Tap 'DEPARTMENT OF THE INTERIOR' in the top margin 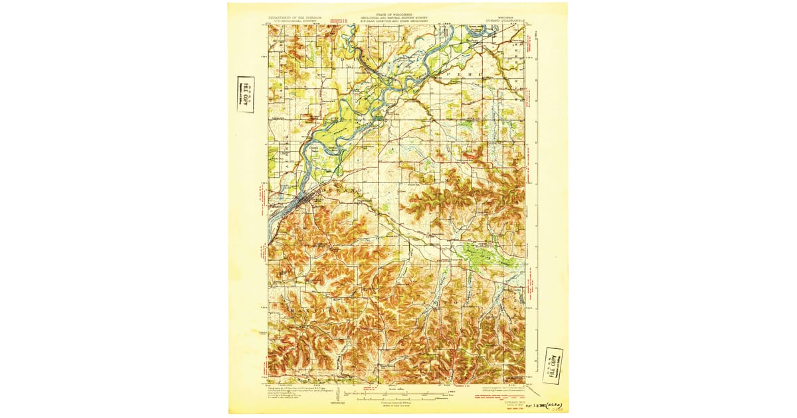click(x=294, y=16)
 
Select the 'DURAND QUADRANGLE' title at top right click(x=510, y=20)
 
